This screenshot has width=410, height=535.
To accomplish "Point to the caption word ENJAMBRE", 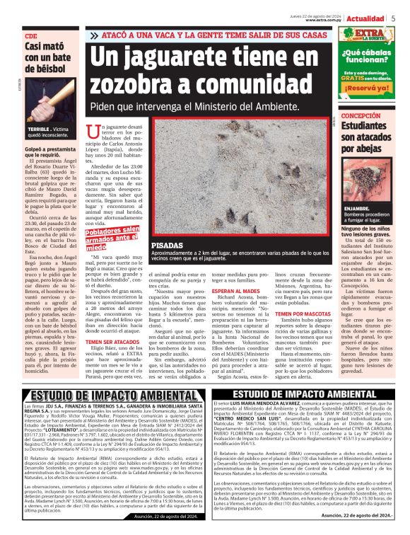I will tap(357, 209).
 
